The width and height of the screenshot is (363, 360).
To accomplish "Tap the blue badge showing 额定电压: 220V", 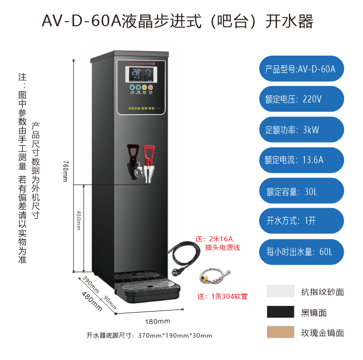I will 301,99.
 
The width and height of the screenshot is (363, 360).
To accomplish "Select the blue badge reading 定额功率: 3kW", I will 301,130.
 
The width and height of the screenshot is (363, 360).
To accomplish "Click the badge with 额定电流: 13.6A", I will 301,160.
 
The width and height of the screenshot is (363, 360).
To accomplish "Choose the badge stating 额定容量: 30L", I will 301,191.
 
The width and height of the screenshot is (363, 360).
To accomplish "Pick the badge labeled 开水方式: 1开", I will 301,221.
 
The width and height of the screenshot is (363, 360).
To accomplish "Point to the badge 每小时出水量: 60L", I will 301,252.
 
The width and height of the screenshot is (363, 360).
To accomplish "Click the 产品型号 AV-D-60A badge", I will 301,68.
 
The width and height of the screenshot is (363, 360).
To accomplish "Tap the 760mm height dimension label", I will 65,164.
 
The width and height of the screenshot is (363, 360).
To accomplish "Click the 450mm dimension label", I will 79,220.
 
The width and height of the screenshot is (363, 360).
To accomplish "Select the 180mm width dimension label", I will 158,321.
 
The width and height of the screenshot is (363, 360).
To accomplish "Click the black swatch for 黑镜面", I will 280,312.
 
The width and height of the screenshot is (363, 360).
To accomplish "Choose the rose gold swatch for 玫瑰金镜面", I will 280,332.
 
